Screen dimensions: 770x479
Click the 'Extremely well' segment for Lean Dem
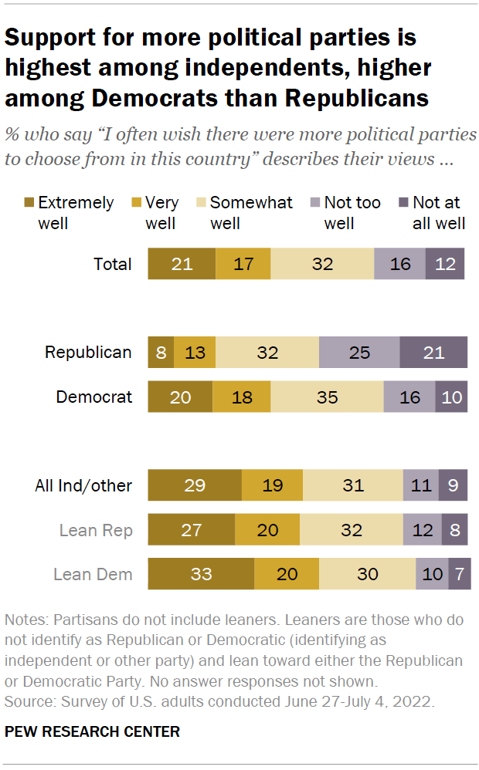[x=201, y=574]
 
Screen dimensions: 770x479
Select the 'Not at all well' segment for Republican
[x=433, y=353]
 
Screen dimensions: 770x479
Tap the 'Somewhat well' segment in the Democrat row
[x=327, y=397]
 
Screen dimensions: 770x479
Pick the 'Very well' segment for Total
[x=243, y=264]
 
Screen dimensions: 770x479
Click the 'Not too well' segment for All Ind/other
[x=420, y=485]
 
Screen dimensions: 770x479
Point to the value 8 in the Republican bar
[x=161, y=353]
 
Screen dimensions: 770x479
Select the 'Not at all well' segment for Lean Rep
[x=454, y=530]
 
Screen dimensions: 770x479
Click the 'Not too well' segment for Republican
[x=359, y=353]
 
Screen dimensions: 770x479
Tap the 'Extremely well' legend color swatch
[x=29, y=203]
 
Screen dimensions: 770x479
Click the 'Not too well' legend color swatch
[x=314, y=203]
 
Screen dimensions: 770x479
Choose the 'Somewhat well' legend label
[x=251, y=213]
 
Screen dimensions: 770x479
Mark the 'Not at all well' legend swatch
[x=403, y=203]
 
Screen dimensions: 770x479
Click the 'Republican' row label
[x=88, y=353]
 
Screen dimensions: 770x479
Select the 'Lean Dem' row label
[x=92, y=574]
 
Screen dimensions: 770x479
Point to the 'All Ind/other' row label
[x=83, y=485]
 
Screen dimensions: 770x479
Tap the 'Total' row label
[x=113, y=264]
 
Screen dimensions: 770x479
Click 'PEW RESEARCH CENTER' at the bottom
[x=92, y=731]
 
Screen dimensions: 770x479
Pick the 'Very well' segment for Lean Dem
[x=286, y=574]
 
